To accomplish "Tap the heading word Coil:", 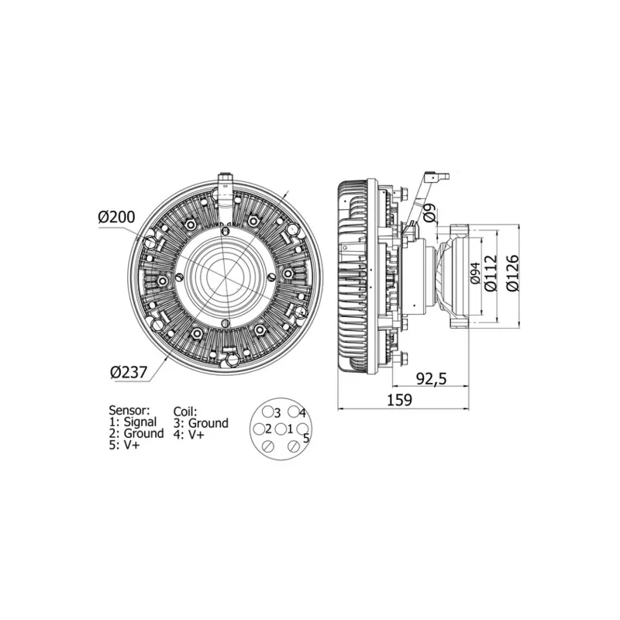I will [185, 411].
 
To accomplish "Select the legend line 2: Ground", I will [136, 434].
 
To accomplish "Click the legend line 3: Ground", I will [201, 423].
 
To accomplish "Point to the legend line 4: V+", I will [189, 435].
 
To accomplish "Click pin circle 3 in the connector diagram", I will [267, 412].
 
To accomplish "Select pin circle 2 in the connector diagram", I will [258, 429].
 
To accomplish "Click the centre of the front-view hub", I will [225, 277].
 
